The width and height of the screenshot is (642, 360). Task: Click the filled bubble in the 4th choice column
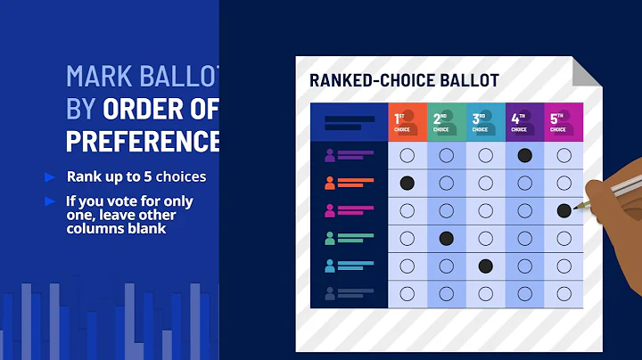pyautogui.click(x=524, y=155)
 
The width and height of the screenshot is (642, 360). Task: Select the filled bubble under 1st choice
pyautogui.click(x=407, y=183)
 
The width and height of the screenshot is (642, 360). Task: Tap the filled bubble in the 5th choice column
pyautogui.click(x=564, y=211)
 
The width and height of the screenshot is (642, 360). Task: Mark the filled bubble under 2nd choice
pyautogui.click(x=447, y=238)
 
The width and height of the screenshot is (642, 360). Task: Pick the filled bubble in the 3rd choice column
pyautogui.click(x=485, y=266)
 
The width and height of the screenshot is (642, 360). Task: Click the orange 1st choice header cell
pyautogui.click(x=407, y=121)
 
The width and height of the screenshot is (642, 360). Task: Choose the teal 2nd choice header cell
pyautogui.click(x=447, y=121)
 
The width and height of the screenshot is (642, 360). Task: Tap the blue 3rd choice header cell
pyautogui.click(x=485, y=121)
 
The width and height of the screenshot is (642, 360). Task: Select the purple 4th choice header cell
pyautogui.click(x=524, y=121)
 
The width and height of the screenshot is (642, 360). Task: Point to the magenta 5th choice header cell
pyautogui.click(x=564, y=121)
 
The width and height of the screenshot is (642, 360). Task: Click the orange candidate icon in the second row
pyautogui.click(x=330, y=184)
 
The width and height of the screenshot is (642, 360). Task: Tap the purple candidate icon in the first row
pyautogui.click(x=330, y=156)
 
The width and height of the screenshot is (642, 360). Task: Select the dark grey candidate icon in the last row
pyautogui.click(x=330, y=293)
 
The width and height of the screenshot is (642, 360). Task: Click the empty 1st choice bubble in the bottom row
pyautogui.click(x=407, y=293)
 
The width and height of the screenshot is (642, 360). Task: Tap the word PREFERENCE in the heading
pyautogui.click(x=143, y=141)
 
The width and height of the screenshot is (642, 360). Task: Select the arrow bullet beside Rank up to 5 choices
pyautogui.click(x=51, y=176)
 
